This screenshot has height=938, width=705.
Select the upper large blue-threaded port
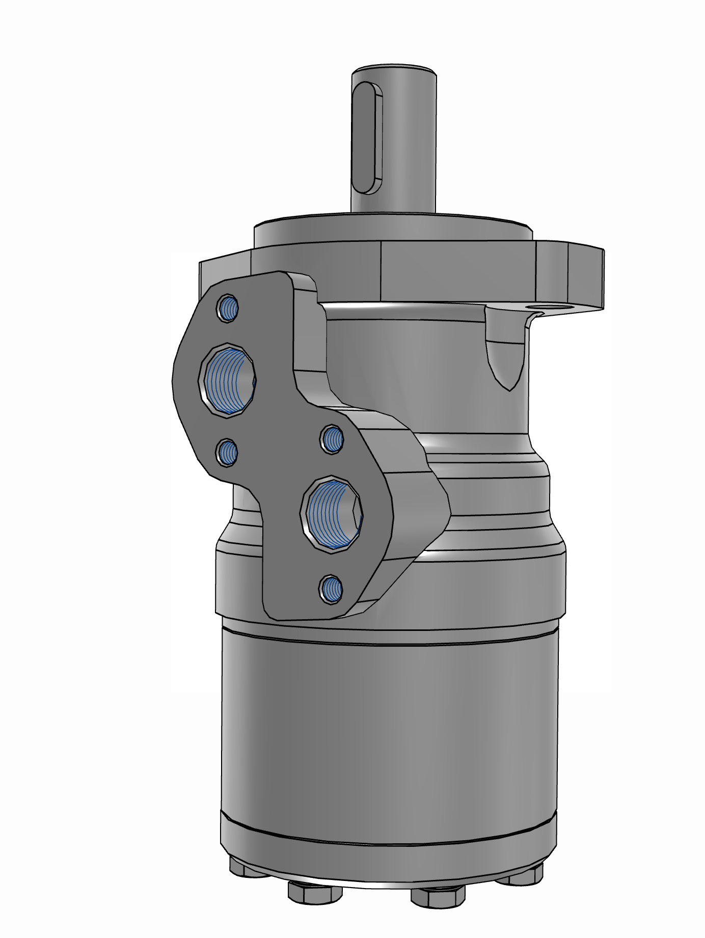[228, 380]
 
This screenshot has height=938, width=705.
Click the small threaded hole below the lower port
[331, 590]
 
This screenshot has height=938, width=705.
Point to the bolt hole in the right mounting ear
[540, 308]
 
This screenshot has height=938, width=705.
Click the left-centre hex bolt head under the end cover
[314, 903]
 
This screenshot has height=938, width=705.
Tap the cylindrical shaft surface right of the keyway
[413, 143]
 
